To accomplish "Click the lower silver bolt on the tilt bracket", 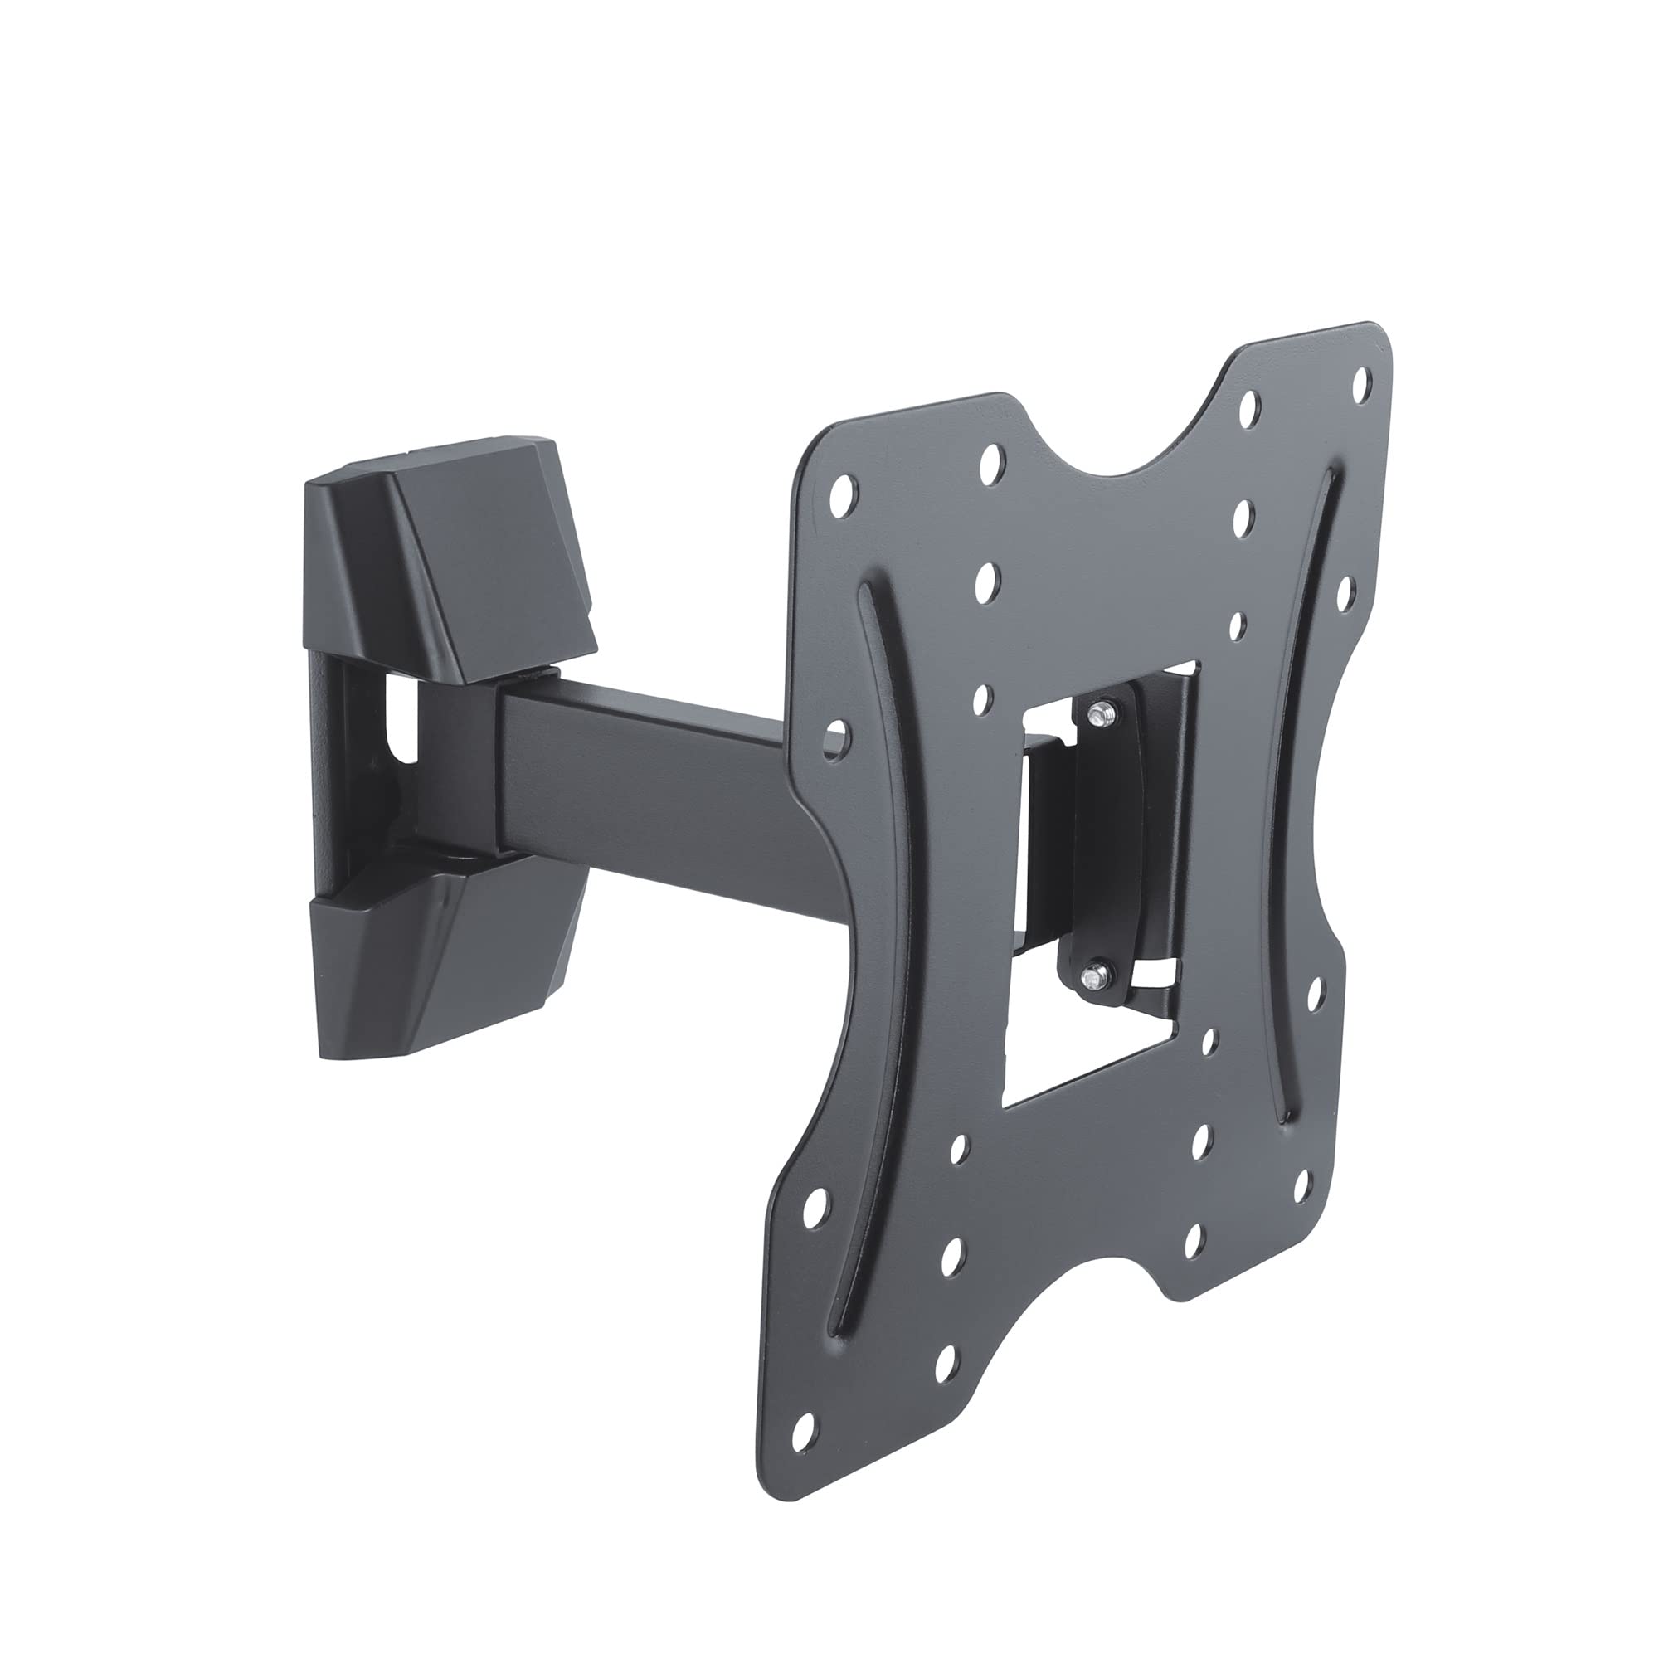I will pos(1093,973).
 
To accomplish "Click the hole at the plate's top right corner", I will pos(1361,384).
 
